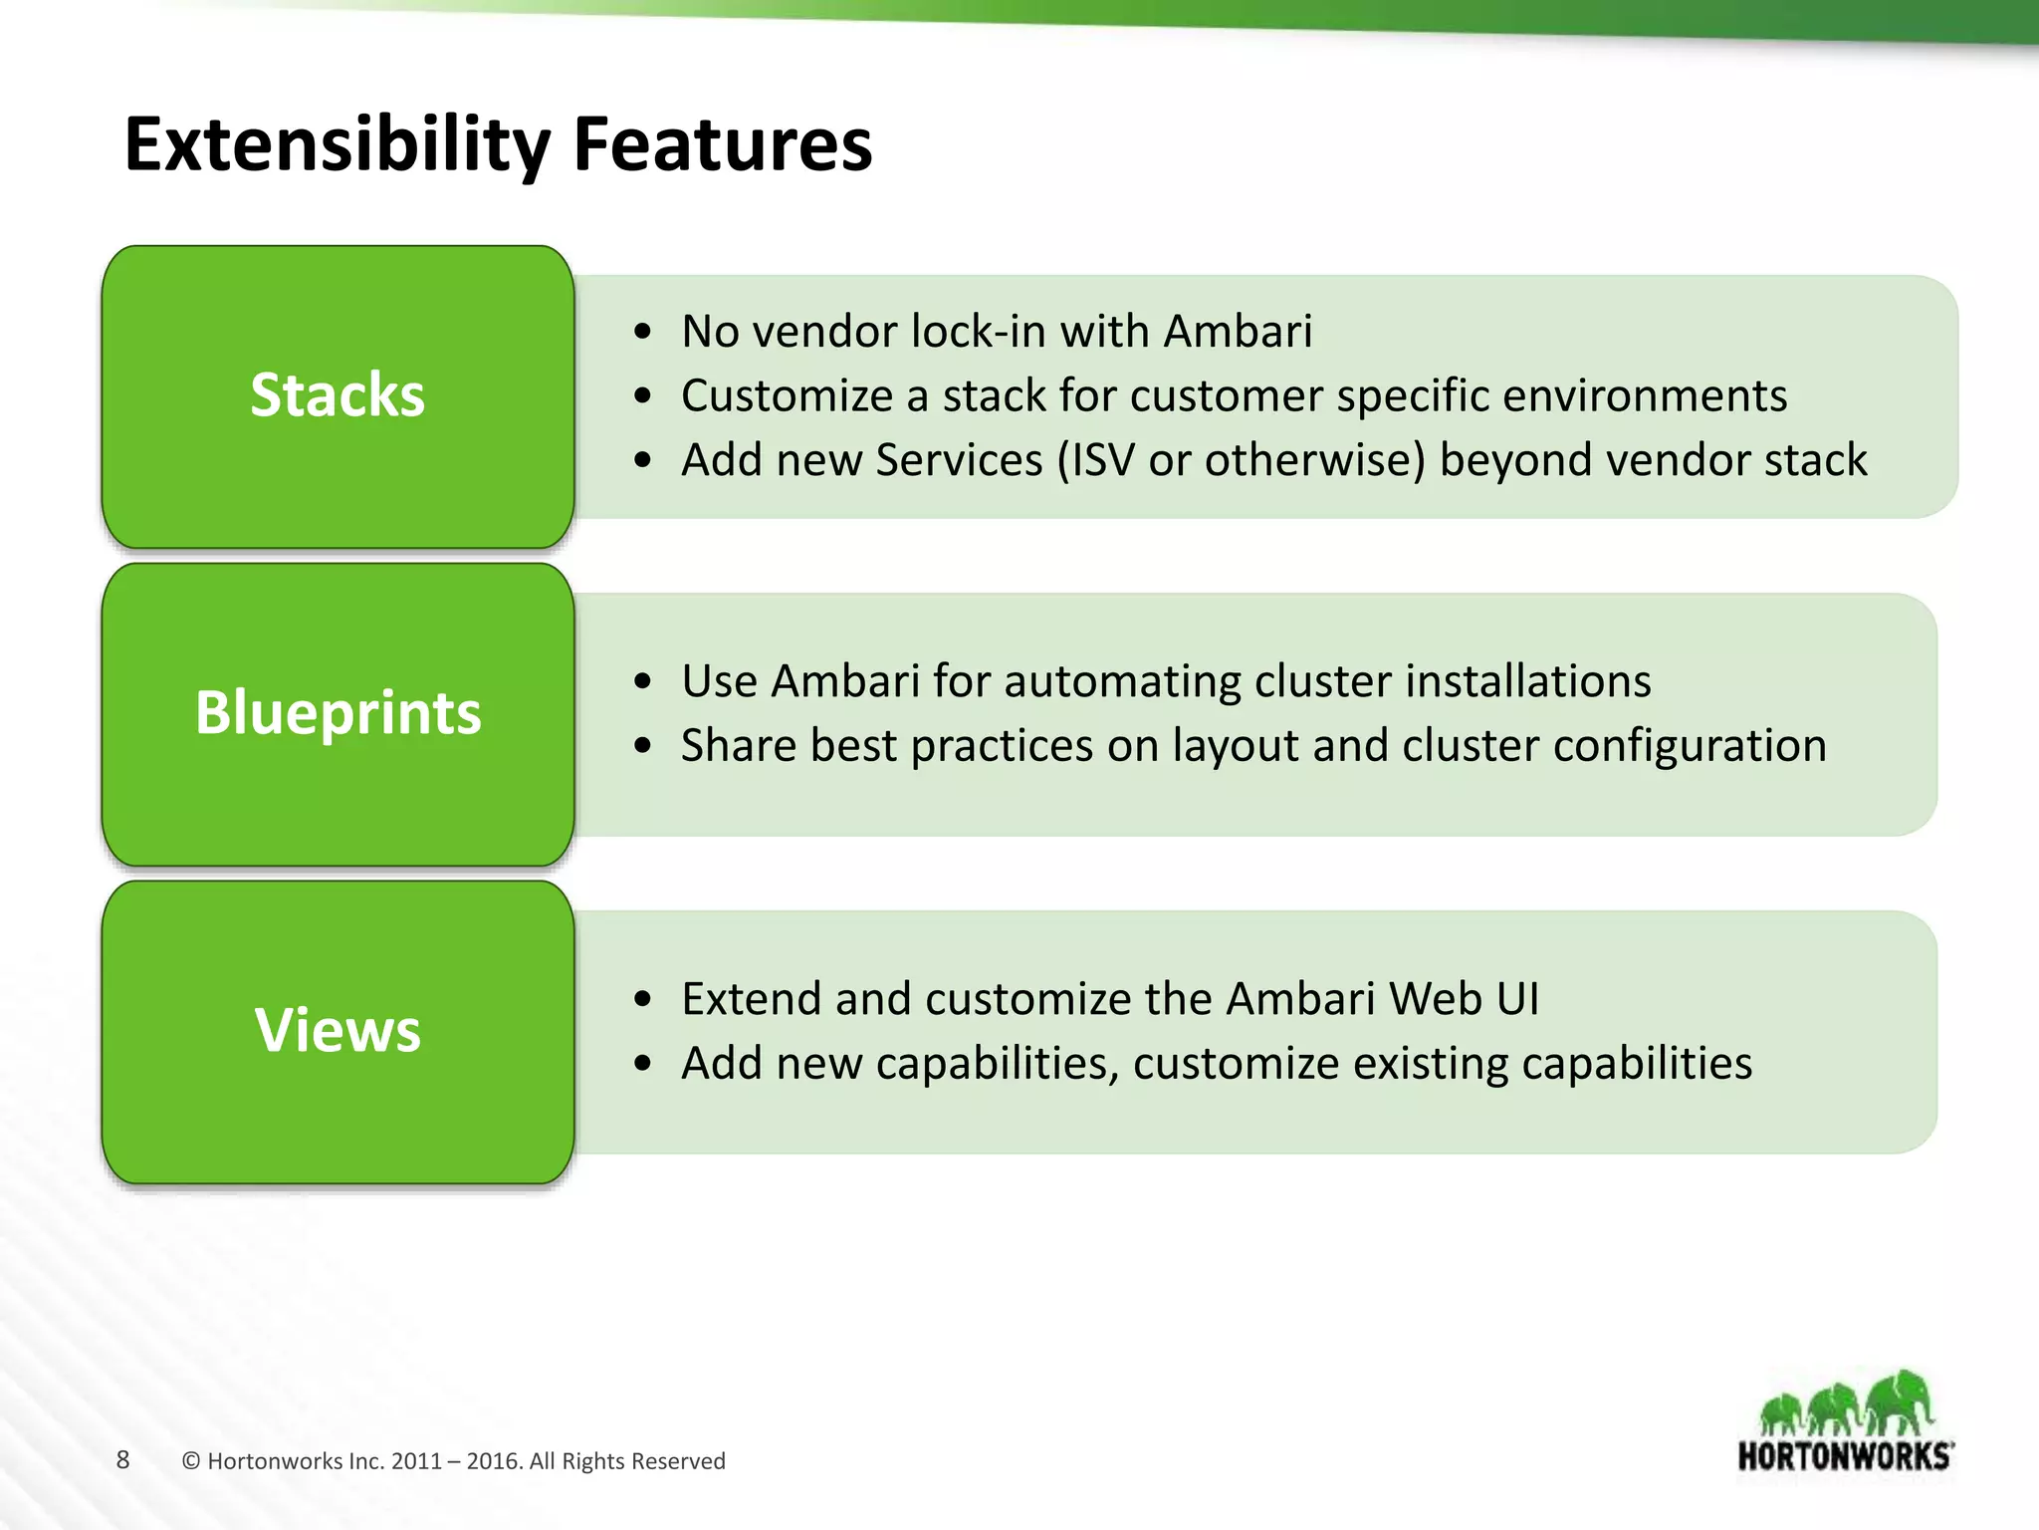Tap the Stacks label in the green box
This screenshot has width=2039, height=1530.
[x=338, y=395]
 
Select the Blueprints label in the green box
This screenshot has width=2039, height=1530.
[x=338, y=713]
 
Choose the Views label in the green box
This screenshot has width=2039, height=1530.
[x=338, y=1030]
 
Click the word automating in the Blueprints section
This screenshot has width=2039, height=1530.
[x=1122, y=682]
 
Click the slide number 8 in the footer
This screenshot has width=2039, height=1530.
[x=122, y=1460]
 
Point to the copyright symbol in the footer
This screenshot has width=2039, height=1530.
[x=191, y=1461]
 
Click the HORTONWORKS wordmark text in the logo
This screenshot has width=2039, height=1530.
[x=1845, y=1456]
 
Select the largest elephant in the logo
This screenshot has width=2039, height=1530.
[x=1900, y=1402]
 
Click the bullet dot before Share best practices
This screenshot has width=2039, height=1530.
[x=643, y=746]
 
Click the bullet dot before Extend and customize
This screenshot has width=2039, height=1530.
[x=643, y=999]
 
